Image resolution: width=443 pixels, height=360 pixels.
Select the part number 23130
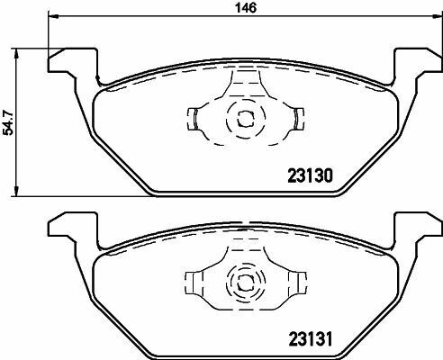310,177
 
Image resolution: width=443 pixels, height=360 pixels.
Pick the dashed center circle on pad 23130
243,118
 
